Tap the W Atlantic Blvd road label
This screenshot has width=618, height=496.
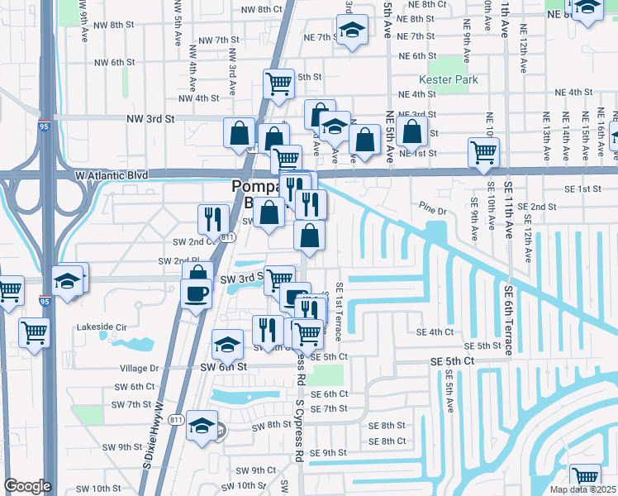[111, 175]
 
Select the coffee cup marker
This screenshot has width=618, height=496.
[196, 293]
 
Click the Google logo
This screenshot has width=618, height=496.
[27, 486]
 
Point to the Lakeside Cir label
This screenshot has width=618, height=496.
[102, 327]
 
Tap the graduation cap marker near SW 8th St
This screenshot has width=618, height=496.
[201, 426]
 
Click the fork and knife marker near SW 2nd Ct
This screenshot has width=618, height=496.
[212, 219]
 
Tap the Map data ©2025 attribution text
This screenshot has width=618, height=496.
[582, 489]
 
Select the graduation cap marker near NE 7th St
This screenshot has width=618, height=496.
[352, 31]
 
